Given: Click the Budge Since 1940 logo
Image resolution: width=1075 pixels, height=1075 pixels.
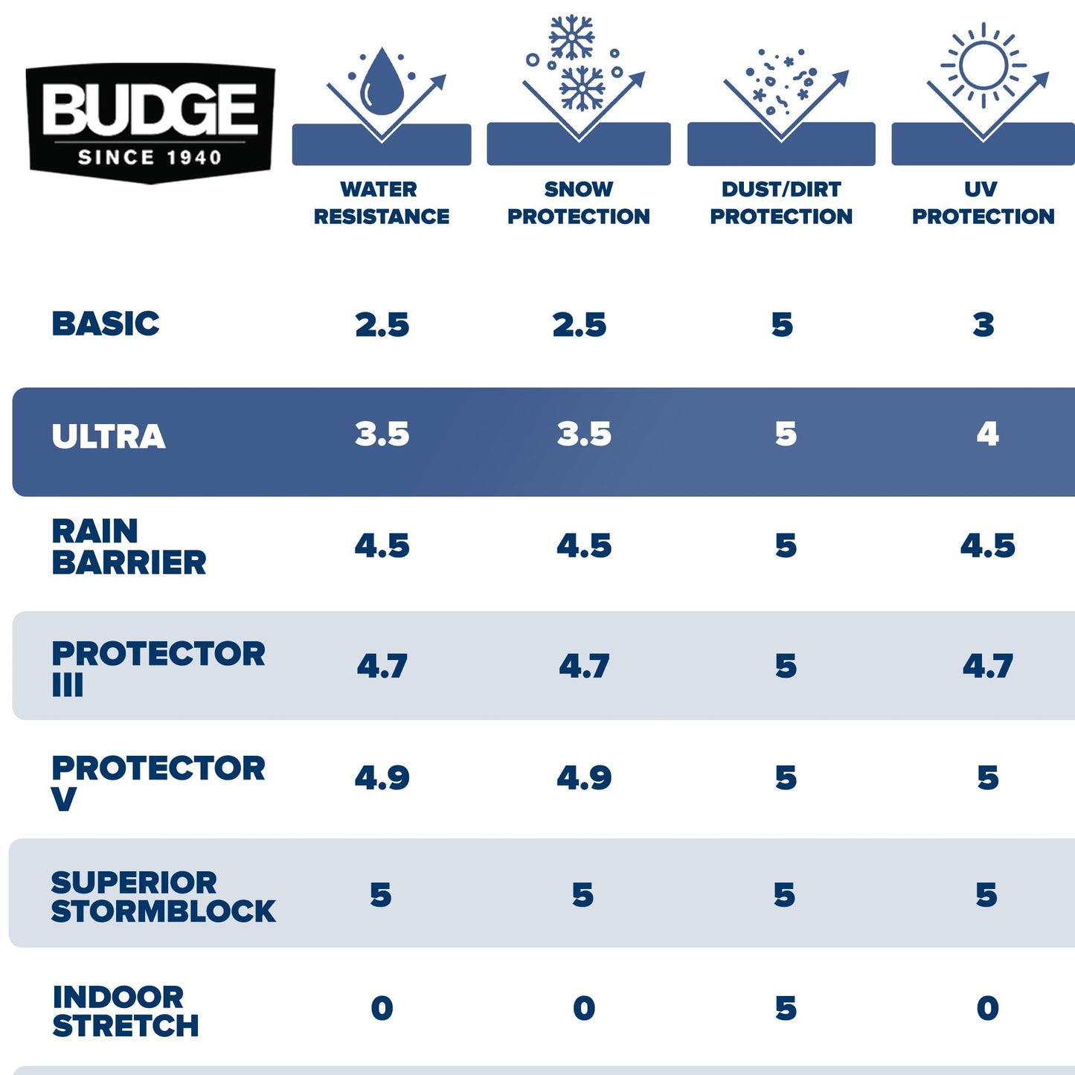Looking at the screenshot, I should pyautogui.click(x=150, y=122).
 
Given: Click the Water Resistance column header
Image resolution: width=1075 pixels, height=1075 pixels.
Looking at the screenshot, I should pyautogui.click(x=381, y=202).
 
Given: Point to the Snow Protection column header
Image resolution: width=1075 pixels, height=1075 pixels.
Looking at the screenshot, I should pyautogui.click(x=578, y=202).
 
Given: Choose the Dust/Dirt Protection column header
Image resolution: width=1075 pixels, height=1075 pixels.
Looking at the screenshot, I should pyautogui.click(x=781, y=202).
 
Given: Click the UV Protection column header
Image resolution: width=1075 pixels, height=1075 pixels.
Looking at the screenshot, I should pyautogui.click(x=983, y=202).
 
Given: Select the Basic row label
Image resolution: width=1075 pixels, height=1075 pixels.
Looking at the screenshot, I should pyautogui.click(x=106, y=324).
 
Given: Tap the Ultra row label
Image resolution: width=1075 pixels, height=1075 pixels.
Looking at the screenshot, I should pyautogui.click(x=109, y=437).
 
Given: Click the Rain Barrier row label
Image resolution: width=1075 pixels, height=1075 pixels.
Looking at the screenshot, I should pyautogui.click(x=129, y=547).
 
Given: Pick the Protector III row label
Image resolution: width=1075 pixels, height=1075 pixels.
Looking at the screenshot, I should pyautogui.click(x=158, y=668).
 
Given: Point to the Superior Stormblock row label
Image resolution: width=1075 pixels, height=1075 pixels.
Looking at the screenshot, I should pyautogui.click(x=163, y=896).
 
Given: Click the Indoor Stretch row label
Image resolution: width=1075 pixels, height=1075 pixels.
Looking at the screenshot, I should pyautogui.click(x=125, y=1011).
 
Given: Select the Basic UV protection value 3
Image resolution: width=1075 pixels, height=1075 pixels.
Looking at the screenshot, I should pyautogui.click(x=983, y=325).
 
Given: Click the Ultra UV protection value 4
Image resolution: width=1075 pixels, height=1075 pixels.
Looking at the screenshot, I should pyautogui.click(x=987, y=434).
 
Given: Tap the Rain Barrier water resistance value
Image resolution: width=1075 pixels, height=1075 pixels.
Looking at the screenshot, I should pyautogui.click(x=382, y=546).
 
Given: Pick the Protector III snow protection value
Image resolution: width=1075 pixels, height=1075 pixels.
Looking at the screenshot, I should pyautogui.click(x=584, y=666).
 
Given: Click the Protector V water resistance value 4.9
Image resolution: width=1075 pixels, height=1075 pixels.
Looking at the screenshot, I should pyautogui.click(x=382, y=778).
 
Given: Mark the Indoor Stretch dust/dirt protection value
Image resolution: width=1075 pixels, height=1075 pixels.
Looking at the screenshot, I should pyautogui.click(x=786, y=1009).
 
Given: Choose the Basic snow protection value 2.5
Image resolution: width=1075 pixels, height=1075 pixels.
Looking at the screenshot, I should pyautogui.click(x=579, y=325).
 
